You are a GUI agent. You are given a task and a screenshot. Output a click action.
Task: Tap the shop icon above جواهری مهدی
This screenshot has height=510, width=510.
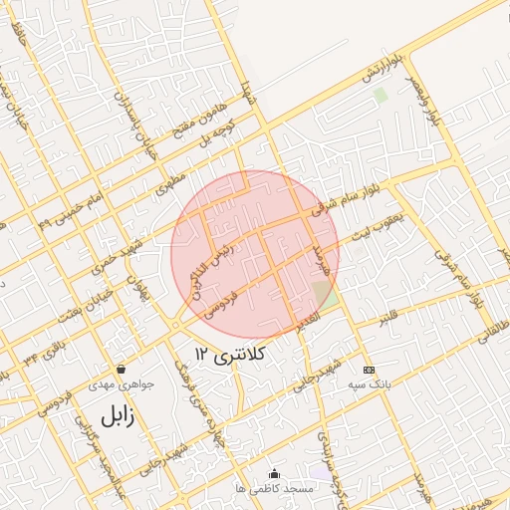(x=122, y=369)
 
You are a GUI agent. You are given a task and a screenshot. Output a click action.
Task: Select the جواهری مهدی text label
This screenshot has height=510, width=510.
(x=117, y=383)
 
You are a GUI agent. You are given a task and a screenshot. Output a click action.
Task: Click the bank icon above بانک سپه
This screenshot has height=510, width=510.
(x=368, y=368)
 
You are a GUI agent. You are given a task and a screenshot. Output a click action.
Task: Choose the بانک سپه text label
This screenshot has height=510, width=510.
(x=369, y=382)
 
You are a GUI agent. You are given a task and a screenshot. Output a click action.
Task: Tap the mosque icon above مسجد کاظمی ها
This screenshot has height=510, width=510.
(x=275, y=473)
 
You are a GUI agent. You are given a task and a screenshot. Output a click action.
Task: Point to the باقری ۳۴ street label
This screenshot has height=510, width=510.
(x=41, y=347)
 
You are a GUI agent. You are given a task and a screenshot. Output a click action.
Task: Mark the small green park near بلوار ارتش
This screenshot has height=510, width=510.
(x=380, y=96)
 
